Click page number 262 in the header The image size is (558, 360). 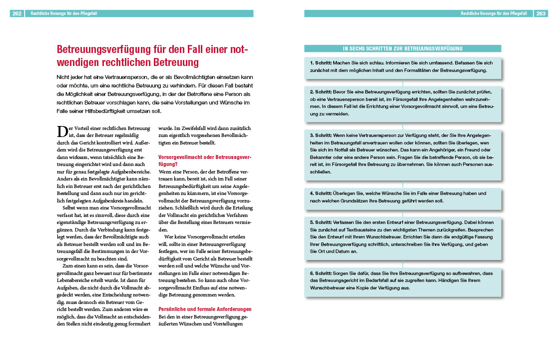pos(17,14)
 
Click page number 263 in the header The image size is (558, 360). pos(541,14)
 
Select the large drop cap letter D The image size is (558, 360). pos(62,131)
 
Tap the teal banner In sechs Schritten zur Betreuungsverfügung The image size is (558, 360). pos(402,48)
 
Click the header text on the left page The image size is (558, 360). pos(63,14)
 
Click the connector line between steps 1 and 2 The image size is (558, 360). pos(403,82)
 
